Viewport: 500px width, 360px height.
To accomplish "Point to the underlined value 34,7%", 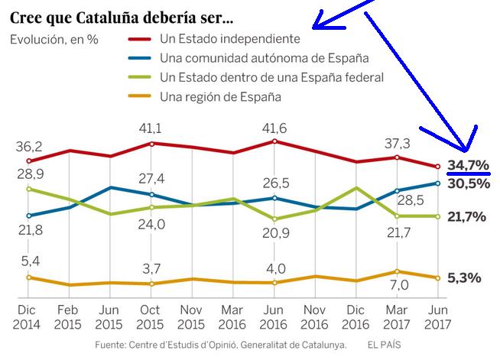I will coord(468,166).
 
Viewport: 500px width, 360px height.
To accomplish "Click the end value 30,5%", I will coord(468,183).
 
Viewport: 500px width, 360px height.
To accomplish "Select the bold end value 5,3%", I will coord(465,277).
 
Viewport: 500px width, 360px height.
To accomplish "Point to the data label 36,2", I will coord(28,145).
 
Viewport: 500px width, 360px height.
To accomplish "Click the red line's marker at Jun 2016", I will coord(274,141).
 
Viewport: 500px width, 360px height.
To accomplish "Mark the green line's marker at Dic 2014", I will coord(28,189).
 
